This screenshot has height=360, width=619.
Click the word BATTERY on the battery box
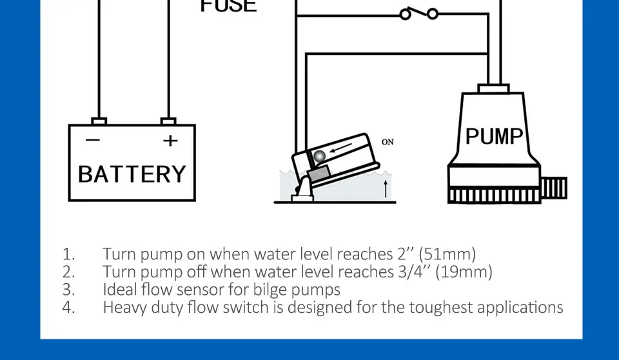pyautogui.click(x=132, y=174)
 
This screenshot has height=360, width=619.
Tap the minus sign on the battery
pyautogui.click(x=93, y=140)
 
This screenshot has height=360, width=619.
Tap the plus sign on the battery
pyautogui.click(x=169, y=140)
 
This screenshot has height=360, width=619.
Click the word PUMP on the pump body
pyautogui.click(x=494, y=137)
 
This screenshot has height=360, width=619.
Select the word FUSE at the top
pyautogui.click(x=228, y=6)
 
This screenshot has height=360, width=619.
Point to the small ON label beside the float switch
pyautogui.click(x=388, y=142)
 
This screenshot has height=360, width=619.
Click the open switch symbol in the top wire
pyautogui.click(x=418, y=13)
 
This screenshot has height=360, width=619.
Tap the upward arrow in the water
pyautogui.click(x=386, y=189)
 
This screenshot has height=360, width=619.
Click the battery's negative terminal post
pyautogui.click(x=99, y=121)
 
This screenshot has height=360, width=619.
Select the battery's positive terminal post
pyautogui.click(x=168, y=121)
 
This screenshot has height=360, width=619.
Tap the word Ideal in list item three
pyautogui.click(x=119, y=289)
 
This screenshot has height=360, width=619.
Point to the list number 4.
pyautogui.click(x=68, y=307)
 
